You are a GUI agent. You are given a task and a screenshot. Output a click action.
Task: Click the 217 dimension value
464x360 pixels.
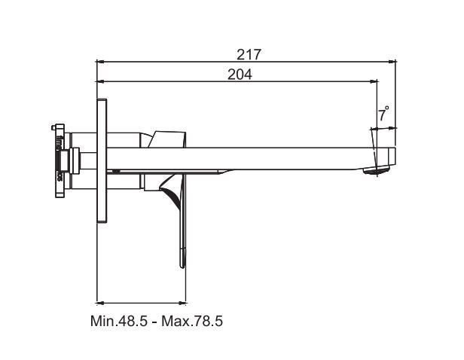click(x=248, y=54)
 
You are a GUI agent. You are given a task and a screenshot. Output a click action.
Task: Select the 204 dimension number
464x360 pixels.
click(x=240, y=74)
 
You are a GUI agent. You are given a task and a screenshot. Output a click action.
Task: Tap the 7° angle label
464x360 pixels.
click(x=383, y=115)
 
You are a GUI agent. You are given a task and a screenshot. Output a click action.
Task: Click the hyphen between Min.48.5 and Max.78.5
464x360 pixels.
click(x=155, y=322)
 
